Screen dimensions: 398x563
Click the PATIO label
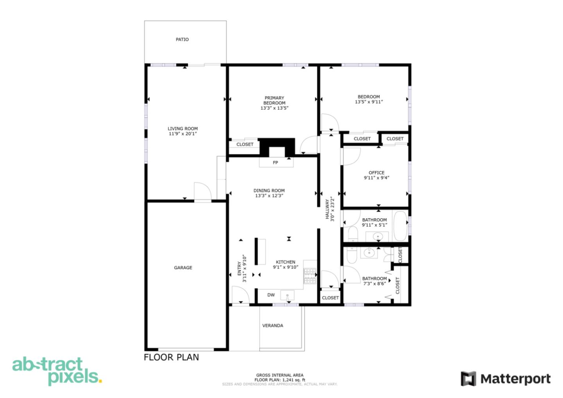[x=182, y=39]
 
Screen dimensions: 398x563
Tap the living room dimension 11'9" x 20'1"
[x=183, y=134]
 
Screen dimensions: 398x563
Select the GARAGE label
[x=183, y=268]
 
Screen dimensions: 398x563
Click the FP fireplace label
[x=275, y=163]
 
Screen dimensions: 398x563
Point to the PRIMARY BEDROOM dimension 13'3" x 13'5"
[x=274, y=108]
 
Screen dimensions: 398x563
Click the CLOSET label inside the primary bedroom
[x=245, y=144]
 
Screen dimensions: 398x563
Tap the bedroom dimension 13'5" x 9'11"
[x=369, y=102]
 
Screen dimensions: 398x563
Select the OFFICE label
[x=377, y=172]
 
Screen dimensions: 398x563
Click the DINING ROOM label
[x=269, y=190]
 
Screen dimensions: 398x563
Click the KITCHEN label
[x=285, y=262]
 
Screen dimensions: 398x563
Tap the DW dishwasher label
[x=271, y=295]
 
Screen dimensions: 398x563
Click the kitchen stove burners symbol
[x=310, y=276]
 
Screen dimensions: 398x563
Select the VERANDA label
[x=273, y=325]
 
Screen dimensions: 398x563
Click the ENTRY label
[x=240, y=268]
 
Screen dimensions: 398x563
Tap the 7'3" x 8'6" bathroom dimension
[x=374, y=284]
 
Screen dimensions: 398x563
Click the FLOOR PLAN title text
[x=171, y=357]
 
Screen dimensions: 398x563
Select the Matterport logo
[x=506, y=379]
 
